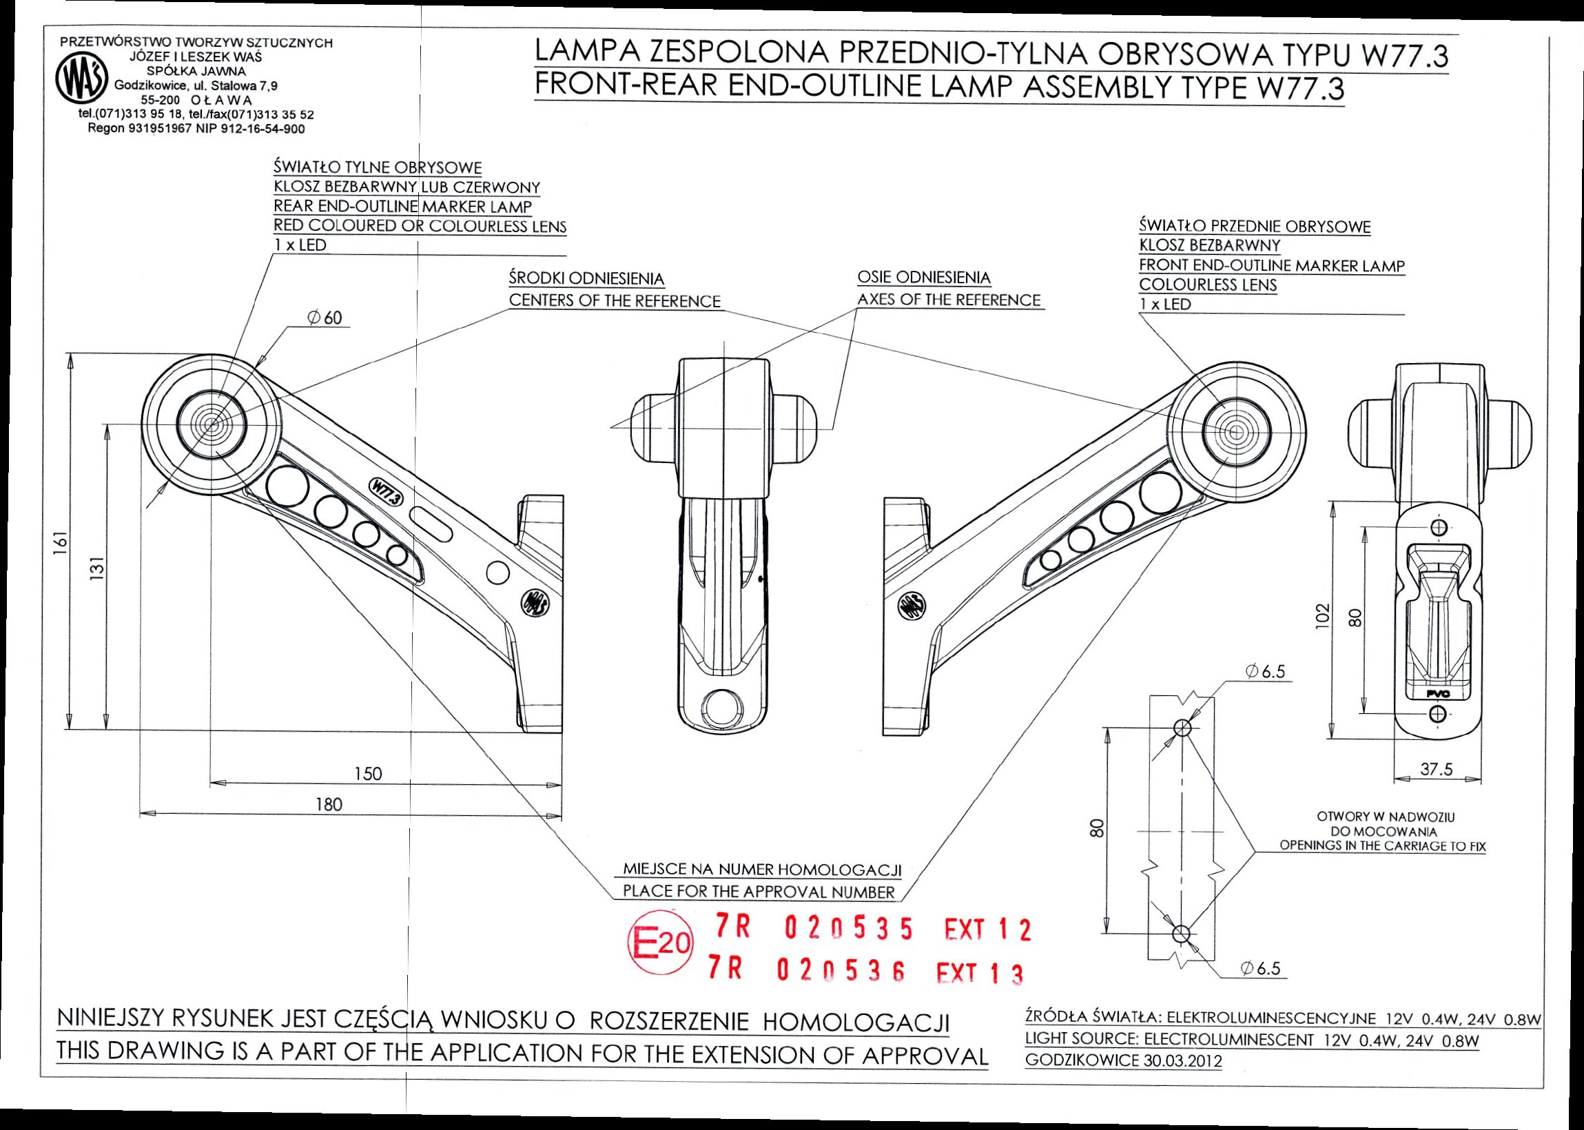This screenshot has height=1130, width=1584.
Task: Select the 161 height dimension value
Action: click(61, 542)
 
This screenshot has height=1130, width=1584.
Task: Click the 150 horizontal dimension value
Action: click(368, 774)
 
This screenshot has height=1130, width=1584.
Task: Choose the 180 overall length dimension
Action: click(329, 805)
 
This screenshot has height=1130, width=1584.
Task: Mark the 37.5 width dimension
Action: click(1436, 769)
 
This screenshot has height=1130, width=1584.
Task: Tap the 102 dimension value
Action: click(1323, 615)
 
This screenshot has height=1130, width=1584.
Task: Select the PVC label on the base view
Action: click(1436, 694)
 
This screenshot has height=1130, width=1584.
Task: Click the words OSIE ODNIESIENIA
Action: click(924, 278)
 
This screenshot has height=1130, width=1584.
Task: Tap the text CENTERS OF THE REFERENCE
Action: click(615, 301)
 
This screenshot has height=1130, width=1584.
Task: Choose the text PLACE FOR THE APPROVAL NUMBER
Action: click(759, 892)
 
